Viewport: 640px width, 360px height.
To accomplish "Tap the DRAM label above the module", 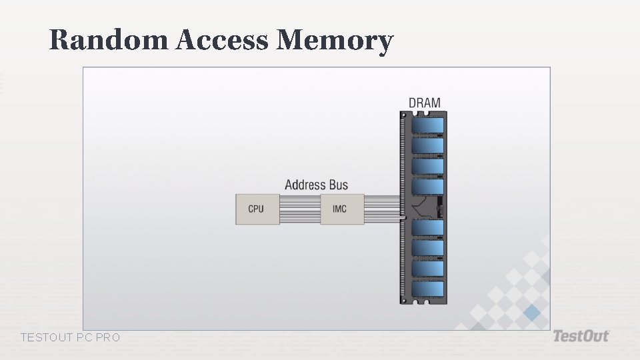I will coord(425,103).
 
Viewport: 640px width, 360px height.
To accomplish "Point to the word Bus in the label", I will coord(339,185).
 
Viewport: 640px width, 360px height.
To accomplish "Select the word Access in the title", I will coord(223,40).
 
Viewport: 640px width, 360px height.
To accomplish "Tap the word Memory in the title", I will coord(334,40).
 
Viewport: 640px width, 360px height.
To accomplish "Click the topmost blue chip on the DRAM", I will coord(427,125).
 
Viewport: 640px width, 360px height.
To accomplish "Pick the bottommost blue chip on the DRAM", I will coord(427,289).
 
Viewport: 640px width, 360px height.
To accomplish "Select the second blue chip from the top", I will coord(427,145).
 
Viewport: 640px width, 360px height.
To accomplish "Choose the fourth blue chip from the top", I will coord(427,187).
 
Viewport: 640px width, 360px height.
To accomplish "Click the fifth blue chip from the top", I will coord(427,228).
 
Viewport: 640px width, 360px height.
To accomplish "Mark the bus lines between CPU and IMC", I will coord(299,209).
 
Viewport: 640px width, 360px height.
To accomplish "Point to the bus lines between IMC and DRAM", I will coord(382,208).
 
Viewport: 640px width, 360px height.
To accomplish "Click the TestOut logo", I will coord(581,336).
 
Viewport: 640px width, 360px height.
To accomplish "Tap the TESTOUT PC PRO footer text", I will coord(71,338).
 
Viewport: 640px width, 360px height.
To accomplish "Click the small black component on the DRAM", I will coord(439,207).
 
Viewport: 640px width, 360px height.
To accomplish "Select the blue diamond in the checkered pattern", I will coord(531,313).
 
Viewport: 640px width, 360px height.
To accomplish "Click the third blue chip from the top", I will coord(427,166).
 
